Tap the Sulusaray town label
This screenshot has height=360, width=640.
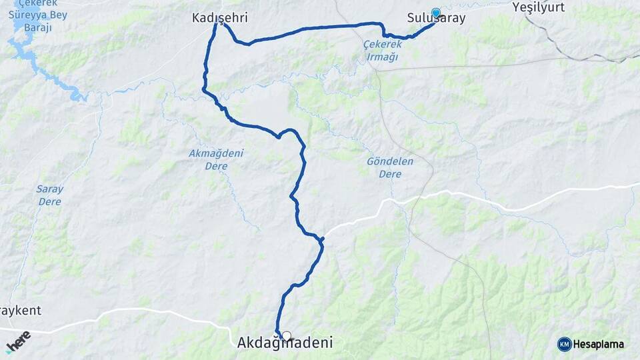[x=436, y=19]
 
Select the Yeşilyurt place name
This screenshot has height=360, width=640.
[x=539, y=7]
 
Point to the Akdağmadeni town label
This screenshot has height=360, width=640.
[x=285, y=343]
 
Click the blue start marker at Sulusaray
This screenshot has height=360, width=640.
[x=436, y=12]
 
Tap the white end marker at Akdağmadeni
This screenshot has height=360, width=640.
[x=287, y=336]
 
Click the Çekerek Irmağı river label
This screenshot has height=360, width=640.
[x=381, y=50]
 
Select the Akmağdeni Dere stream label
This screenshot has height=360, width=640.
[x=216, y=159]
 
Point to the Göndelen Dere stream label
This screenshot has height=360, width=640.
[x=390, y=167]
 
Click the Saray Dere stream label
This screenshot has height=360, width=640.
[x=49, y=195]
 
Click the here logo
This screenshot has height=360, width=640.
[x=18, y=339]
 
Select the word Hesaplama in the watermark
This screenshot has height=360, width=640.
[x=599, y=344]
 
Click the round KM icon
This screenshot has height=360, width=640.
[x=564, y=344]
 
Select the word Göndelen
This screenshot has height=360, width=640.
[x=390, y=161]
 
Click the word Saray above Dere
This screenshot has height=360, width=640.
[x=49, y=189]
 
